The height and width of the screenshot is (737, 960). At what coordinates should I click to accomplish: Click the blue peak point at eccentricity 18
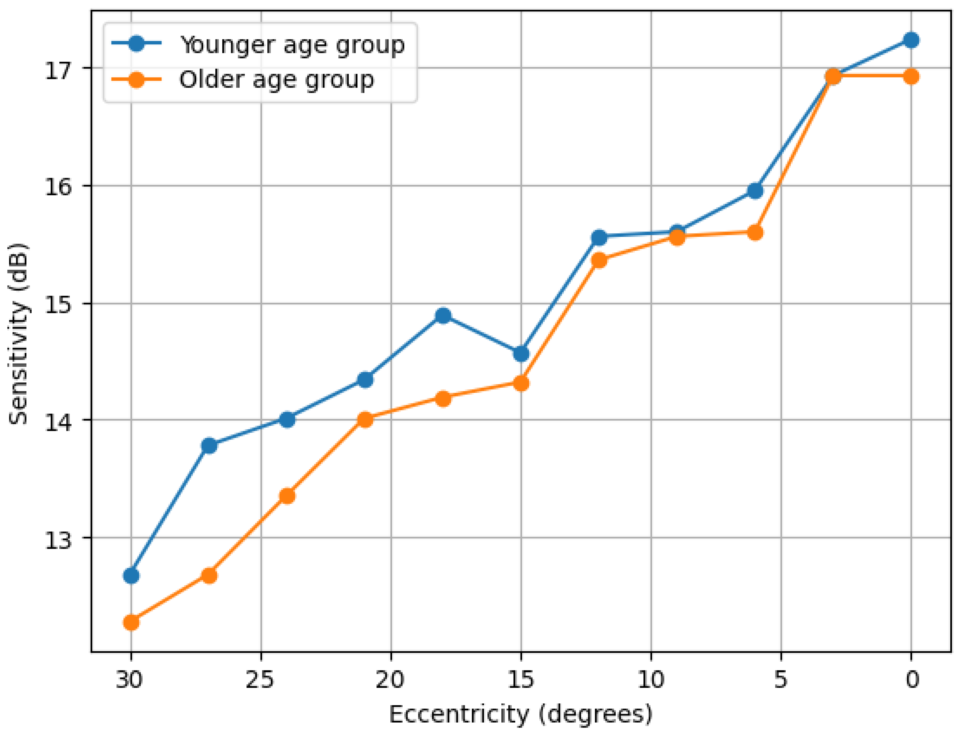coord(443,316)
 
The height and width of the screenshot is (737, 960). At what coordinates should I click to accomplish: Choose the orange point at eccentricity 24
coord(287,496)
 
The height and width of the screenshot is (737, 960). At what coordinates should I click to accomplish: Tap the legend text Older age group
coord(276,80)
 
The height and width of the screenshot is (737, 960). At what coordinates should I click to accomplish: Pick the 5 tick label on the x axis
coord(781,680)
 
